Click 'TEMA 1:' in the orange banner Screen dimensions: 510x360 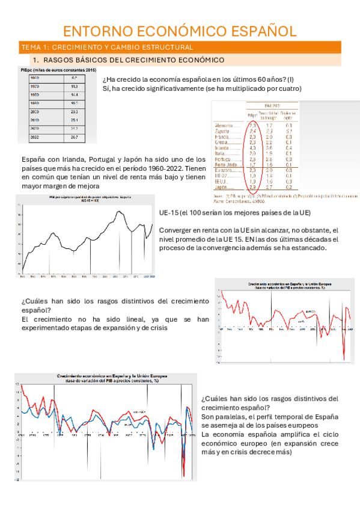click(35, 47)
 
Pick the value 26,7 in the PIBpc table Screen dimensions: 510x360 click(75, 137)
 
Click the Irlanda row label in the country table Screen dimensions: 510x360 click(222, 147)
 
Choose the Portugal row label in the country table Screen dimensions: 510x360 click(223, 158)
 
